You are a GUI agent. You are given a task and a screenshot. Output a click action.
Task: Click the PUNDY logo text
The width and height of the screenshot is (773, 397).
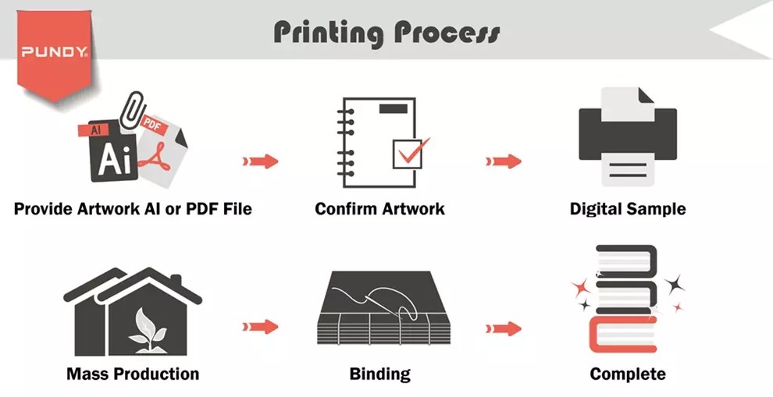click(x=54, y=51)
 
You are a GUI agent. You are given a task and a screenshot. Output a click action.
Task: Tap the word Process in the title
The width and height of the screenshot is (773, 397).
click(x=447, y=33)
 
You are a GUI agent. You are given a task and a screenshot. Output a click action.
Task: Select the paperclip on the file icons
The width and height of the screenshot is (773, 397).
click(x=132, y=109)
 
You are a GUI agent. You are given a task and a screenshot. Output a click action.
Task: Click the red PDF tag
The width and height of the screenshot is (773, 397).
click(x=154, y=126)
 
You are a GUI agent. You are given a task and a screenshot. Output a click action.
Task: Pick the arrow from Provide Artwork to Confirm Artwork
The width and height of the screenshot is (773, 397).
click(x=260, y=161)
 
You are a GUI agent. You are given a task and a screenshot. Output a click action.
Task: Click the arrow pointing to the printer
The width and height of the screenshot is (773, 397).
click(x=504, y=161)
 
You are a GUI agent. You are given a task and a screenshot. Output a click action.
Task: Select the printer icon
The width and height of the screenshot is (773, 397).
click(x=628, y=136)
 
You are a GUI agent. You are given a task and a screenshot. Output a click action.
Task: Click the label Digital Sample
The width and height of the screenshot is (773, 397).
click(x=628, y=209)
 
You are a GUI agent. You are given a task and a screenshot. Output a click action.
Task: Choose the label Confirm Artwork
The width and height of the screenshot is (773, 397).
click(x=379, y=209)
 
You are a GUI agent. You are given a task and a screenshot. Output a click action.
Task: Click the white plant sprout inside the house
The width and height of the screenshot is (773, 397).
click(x=148, y=330)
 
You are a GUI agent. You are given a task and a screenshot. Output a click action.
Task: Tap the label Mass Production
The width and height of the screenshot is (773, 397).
click(x=133, y=374)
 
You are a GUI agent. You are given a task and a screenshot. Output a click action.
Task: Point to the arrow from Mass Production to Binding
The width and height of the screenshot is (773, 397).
click(x=260, y=327)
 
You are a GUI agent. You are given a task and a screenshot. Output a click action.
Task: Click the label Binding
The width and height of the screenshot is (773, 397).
click(x=379, y=374)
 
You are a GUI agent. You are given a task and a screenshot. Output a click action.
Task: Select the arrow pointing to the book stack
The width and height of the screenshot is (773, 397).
click(x=504, y=328)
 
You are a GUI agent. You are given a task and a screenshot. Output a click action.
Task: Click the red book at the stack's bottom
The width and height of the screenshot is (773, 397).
click(x=622, y=335)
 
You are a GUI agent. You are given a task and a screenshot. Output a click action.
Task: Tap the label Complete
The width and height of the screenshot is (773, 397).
click(x=628, y=374)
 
